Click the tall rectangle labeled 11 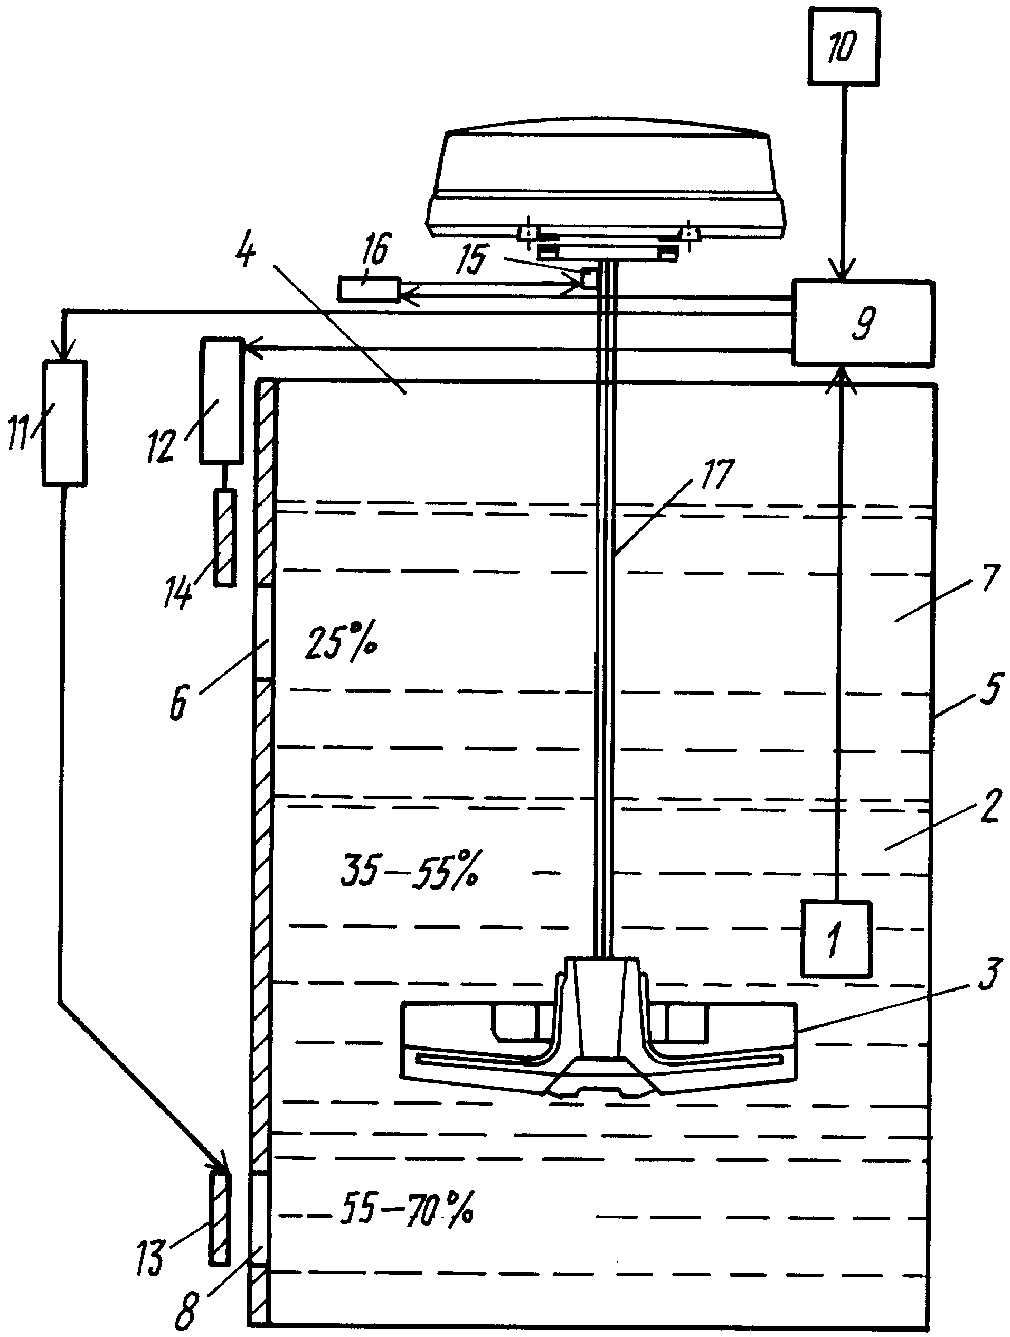point(64,423)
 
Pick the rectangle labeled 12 point(222,401)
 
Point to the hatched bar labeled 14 point(225,537)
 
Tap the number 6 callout point(177,703)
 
